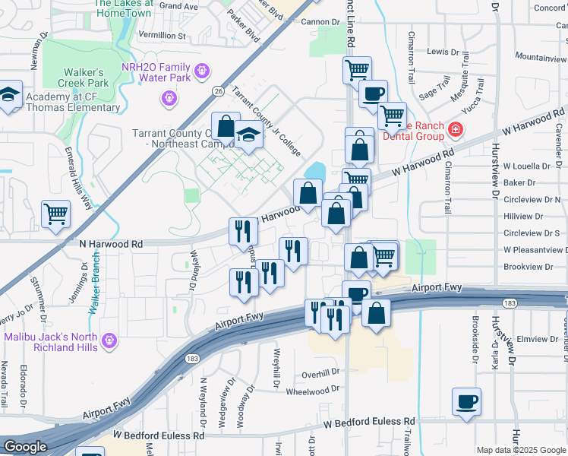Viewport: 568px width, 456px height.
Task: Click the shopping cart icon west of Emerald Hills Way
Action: tap(55, 214)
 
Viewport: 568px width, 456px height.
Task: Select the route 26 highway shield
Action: tap(218, 91)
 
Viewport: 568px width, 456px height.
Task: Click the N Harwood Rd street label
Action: tap(111, 244)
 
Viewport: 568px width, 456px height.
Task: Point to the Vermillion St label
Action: tap(162, 36)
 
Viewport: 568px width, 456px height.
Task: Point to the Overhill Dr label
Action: tap(320, 373)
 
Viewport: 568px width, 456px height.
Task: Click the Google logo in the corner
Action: tap(25, 447)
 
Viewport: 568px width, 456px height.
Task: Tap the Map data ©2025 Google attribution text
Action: tap(521, 450)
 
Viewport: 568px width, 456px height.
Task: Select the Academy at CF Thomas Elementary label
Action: tap(73, 102)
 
